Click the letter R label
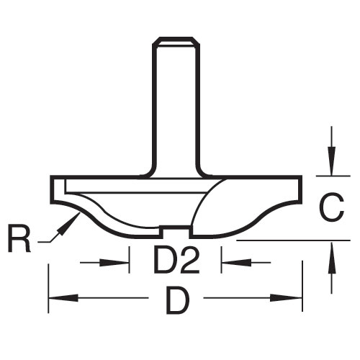19,238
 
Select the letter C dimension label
332,208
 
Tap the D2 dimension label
177,260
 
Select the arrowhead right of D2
237,262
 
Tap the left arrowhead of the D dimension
63,298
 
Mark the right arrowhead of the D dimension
287,298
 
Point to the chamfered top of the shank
176,41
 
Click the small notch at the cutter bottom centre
176,232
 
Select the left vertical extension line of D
49,289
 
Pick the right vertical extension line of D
302,286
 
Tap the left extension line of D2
130,260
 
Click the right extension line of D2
221,260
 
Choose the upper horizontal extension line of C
333,176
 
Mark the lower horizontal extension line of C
293,240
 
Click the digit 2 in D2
189,260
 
